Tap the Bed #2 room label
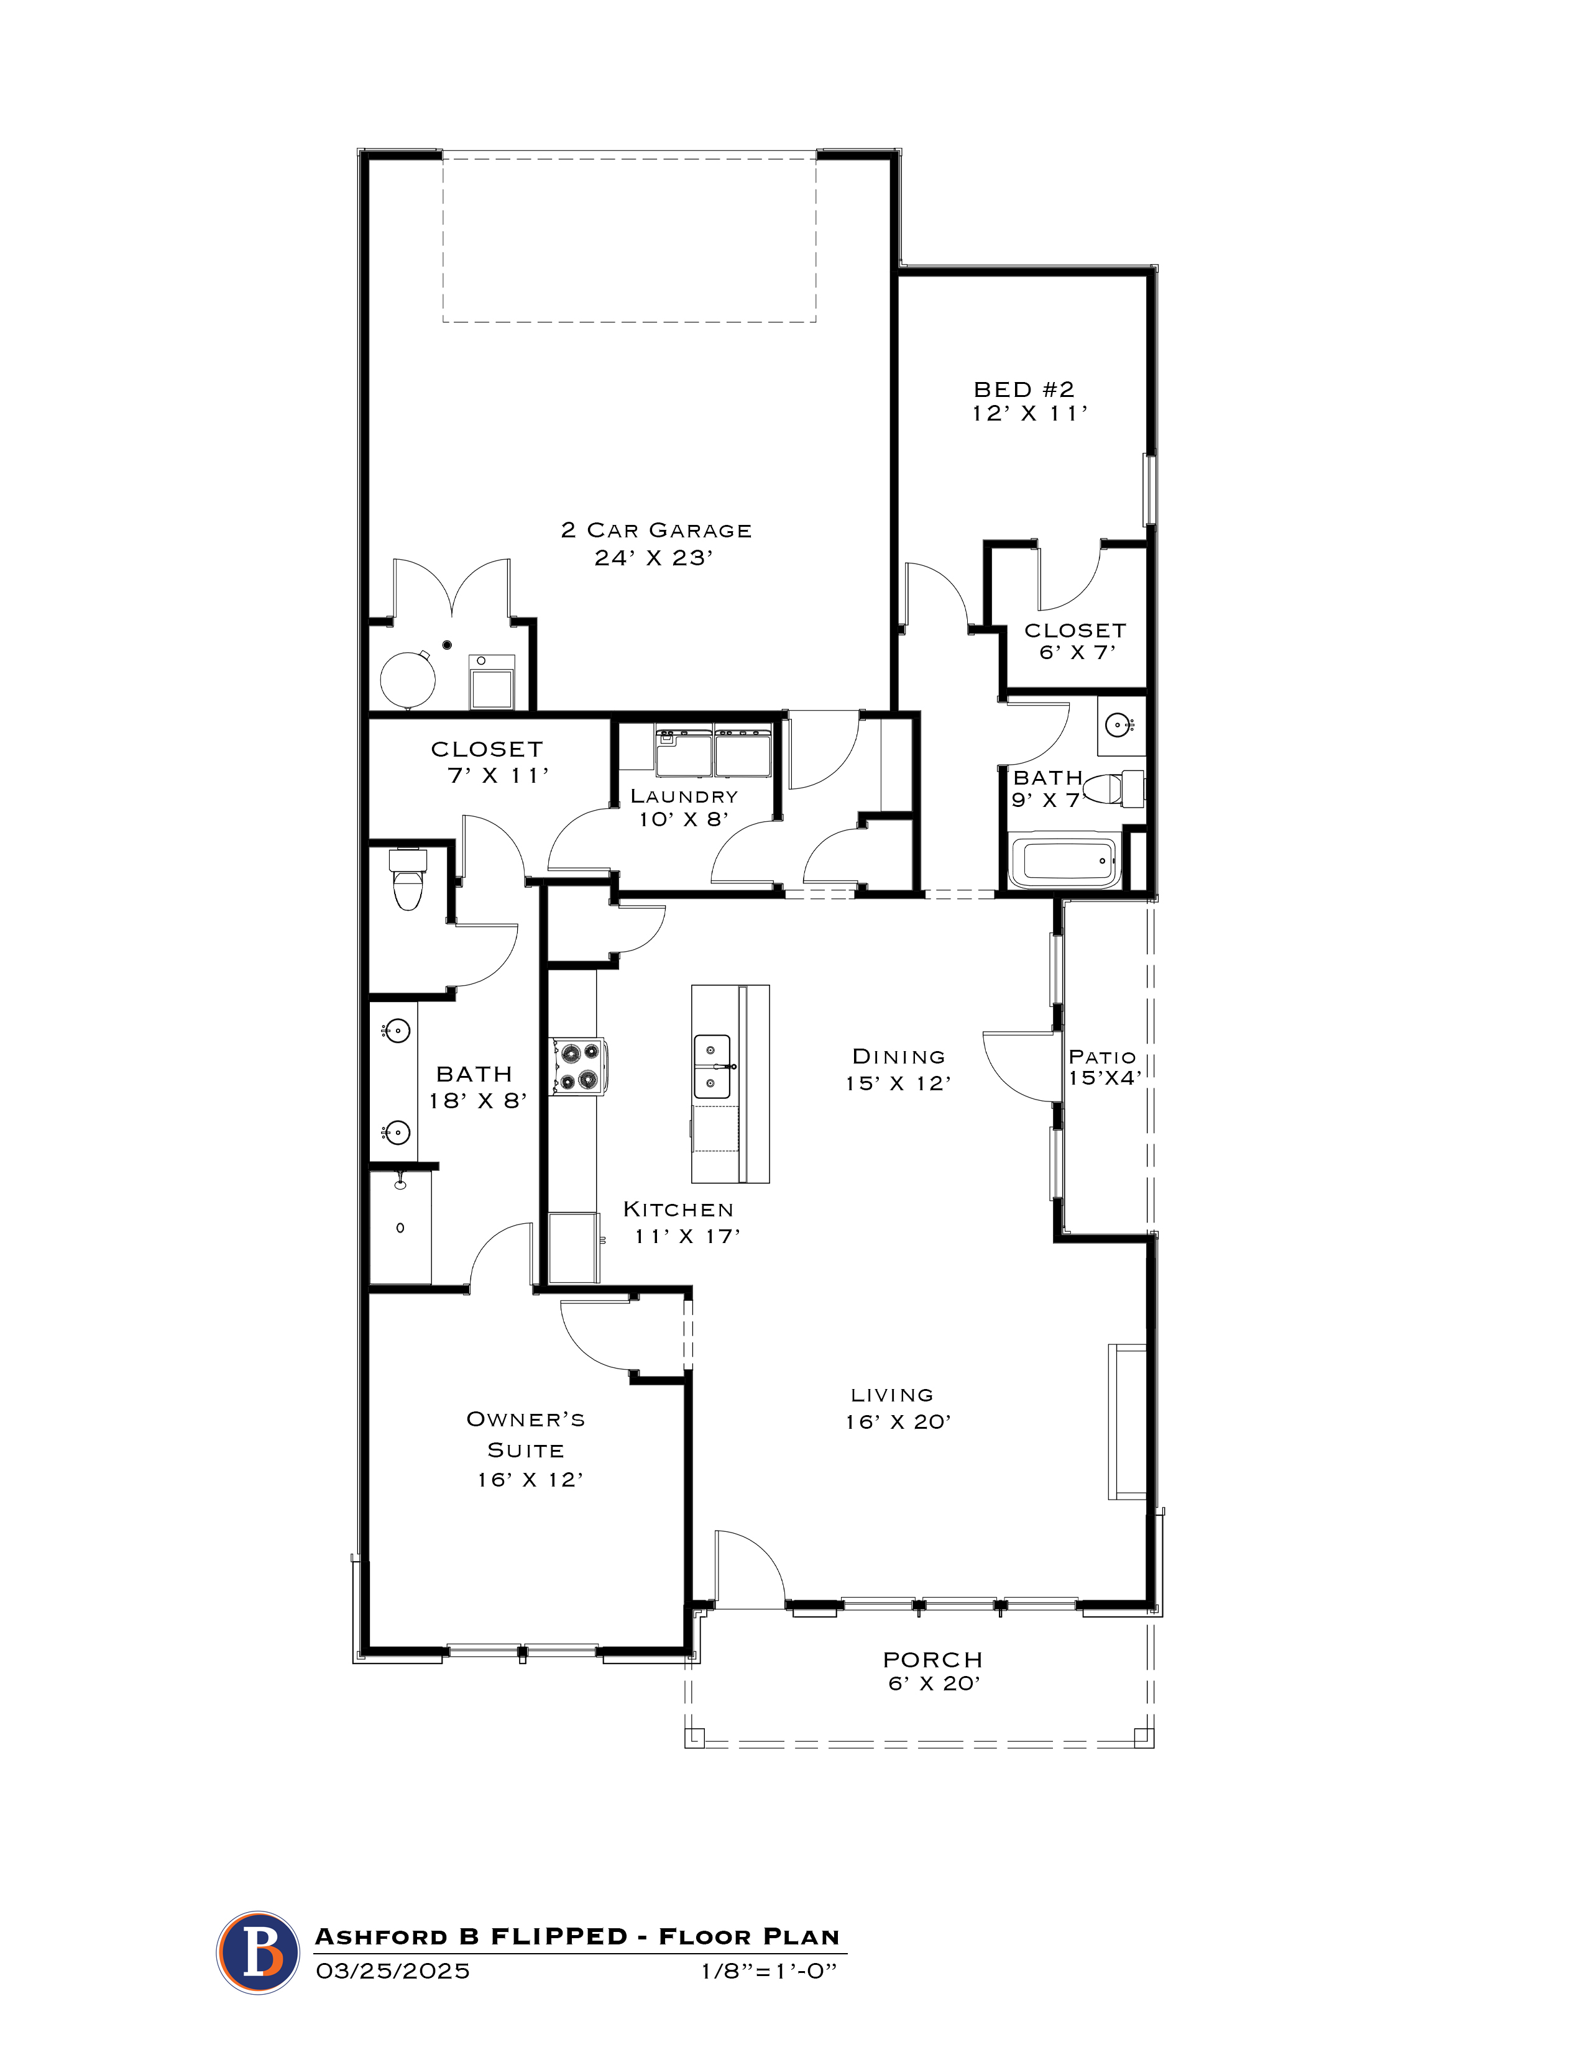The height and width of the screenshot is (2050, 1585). [1024, 389]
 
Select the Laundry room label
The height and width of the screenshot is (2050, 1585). [684, 796]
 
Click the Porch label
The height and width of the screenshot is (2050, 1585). [932, 1659]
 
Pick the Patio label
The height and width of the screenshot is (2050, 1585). [1103, 1057]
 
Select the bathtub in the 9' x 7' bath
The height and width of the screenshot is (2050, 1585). [1065, 860]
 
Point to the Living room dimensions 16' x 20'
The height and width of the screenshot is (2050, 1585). [898, 1422]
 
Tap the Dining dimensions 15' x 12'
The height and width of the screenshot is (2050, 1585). [898, 1083]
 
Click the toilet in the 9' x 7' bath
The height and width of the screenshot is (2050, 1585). [1118, 788]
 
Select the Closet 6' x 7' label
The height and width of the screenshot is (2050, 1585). [1075, 641]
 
